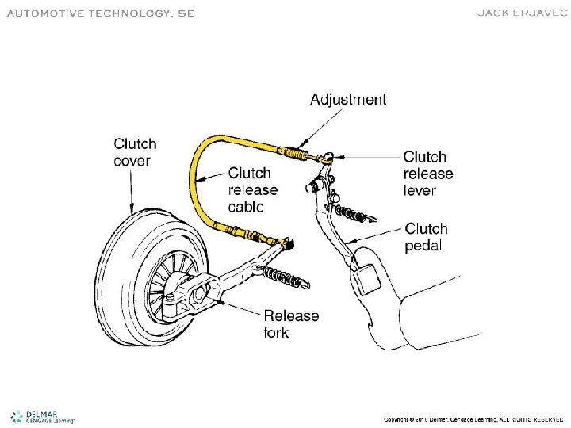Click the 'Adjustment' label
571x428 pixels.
point(348,100)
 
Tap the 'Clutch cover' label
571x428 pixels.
point(135,152)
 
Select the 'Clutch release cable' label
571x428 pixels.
point(252,190)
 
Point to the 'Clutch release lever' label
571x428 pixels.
point(428,174)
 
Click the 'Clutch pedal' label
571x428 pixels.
point(427,237)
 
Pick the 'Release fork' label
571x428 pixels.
point(291,324)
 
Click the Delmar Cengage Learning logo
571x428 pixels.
point(43,416)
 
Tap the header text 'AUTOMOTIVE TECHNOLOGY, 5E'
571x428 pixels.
point(100,13)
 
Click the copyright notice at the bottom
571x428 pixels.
point(473,418)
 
